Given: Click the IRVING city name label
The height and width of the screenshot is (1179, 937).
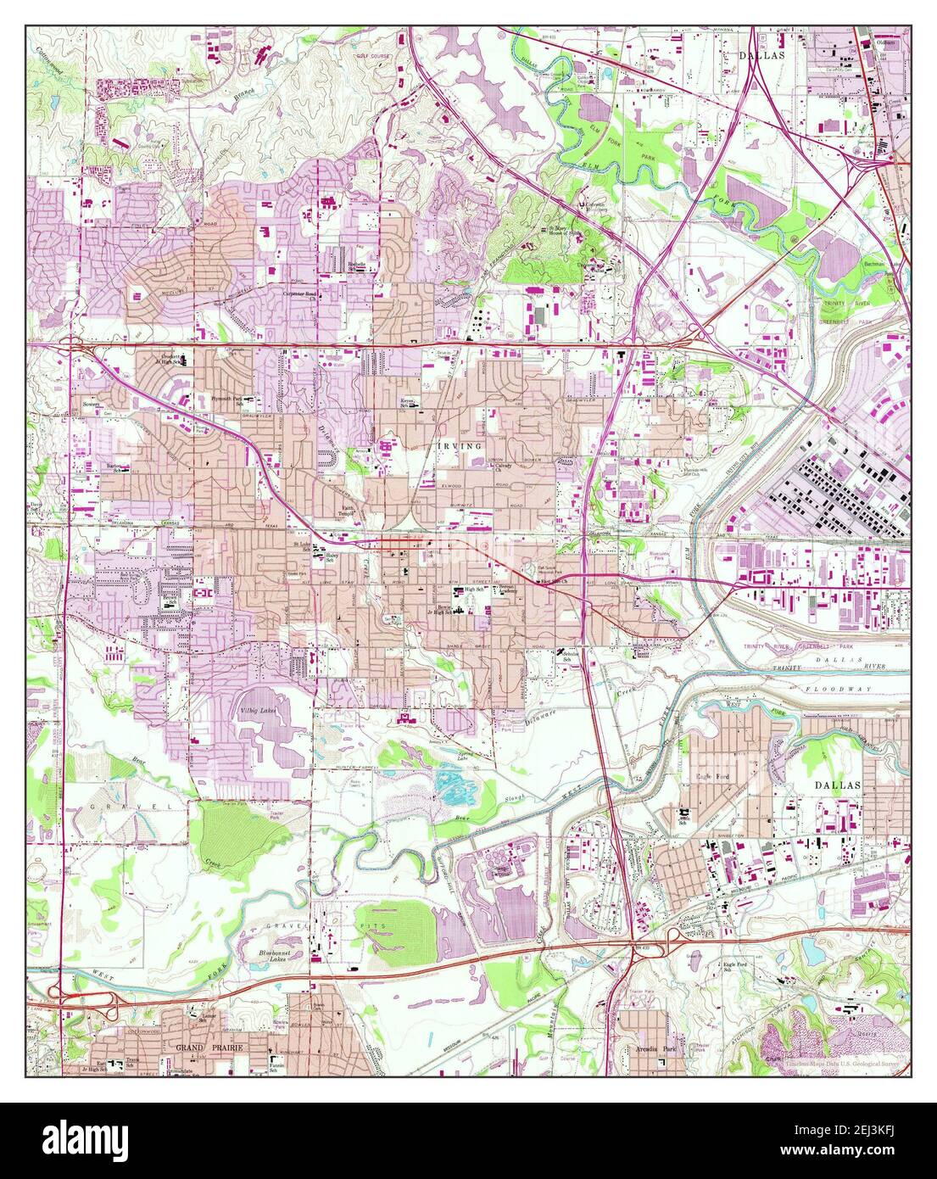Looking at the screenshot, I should (x=460, y=444).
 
